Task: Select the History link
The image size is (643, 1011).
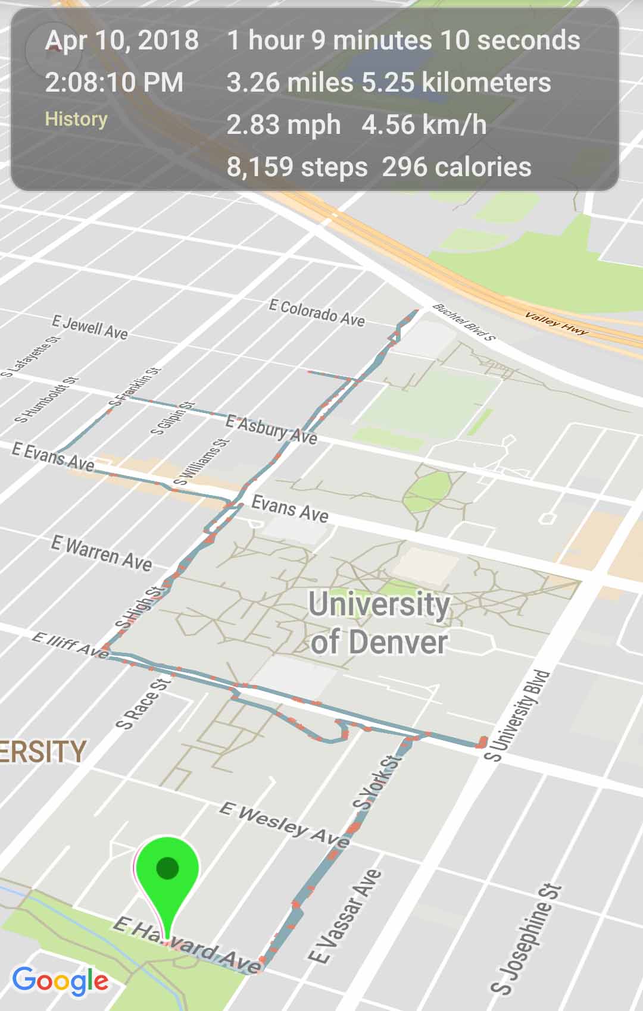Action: (x=76, y=119)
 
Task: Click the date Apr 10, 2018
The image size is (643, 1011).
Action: (x=122, y=40)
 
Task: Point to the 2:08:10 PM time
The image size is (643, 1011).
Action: (x=114, y=82)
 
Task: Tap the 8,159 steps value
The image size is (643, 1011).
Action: (x=297, y=167)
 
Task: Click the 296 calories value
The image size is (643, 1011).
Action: (x=457, y=167)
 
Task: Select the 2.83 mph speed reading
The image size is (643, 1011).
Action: (x=284, y=125)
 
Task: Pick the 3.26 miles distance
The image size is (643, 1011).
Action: (x=290, y=83)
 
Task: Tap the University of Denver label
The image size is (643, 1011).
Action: (x=379, y=623)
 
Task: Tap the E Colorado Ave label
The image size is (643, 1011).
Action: (x=317, y=313)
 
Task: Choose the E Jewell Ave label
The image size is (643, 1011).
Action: (x=90, y=328)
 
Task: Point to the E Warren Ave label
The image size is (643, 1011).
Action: (x=101, y=553)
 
